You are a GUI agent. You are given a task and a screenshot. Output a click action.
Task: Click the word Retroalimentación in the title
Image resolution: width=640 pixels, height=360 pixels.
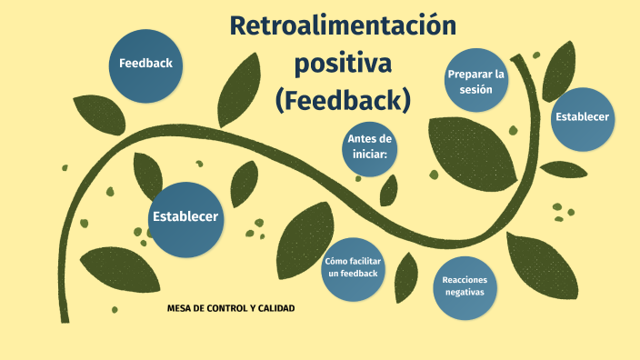[343, 25]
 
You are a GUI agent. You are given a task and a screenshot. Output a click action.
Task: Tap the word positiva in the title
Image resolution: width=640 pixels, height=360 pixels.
[343, 64]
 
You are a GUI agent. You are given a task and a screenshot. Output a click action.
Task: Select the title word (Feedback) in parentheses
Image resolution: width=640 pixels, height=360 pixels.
[343, 100]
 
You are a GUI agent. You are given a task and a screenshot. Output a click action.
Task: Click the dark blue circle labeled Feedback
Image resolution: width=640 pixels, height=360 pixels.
[145, 65]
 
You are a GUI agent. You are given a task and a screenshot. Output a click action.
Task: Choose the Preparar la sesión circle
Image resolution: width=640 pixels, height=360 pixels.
[476, 80]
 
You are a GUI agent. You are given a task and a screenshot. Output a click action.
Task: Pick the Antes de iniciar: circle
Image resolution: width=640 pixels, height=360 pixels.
[369, 149]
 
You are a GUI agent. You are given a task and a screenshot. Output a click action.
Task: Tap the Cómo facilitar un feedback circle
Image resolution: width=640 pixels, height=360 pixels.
[353, 269]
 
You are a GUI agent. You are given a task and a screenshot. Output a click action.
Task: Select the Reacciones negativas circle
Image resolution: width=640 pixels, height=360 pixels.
[465, 288]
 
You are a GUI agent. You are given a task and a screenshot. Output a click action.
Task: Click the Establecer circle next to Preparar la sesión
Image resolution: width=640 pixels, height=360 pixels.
[583, 119]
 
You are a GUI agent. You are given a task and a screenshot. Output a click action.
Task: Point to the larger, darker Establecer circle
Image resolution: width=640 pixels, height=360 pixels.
[185, 220]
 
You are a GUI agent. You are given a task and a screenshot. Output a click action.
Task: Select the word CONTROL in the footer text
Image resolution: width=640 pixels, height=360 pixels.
[225, 308]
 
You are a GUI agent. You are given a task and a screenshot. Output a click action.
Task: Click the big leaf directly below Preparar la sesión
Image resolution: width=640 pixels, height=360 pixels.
[472, 153]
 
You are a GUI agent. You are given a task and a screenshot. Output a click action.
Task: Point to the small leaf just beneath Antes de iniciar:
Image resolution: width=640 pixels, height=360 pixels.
[388, 191]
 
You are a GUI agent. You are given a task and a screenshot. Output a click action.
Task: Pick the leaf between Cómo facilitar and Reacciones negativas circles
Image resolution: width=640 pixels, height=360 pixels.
[406, 277]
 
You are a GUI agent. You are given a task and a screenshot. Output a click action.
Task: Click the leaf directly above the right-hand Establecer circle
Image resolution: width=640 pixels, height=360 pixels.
[558, 72]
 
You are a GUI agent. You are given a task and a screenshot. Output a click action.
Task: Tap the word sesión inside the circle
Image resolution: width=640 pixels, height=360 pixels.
[476, 89]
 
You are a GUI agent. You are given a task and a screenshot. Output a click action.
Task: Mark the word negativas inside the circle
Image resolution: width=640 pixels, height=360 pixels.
[465, 292]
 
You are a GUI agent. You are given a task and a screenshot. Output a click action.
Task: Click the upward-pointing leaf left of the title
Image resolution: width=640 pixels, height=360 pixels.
[239, 91]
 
